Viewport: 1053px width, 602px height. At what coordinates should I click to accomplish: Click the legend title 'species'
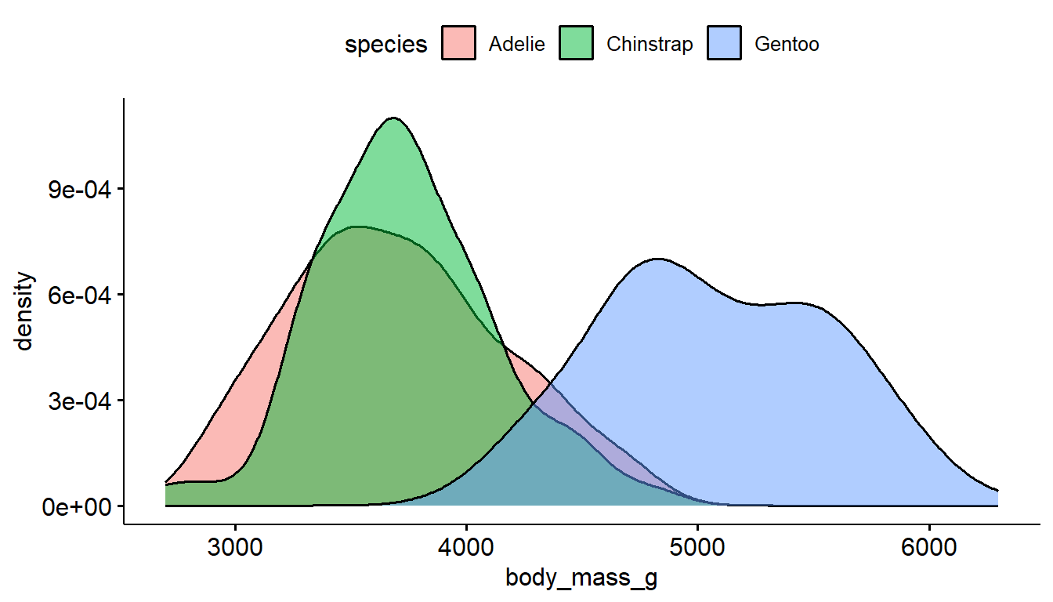(386, 45)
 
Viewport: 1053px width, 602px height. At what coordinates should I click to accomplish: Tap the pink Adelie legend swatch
(458, 44)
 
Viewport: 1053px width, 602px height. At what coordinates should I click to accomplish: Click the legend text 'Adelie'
(516, 45)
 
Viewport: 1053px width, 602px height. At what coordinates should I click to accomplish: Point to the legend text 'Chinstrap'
(650, 45)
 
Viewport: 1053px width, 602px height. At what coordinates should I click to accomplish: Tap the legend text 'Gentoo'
(787, 45)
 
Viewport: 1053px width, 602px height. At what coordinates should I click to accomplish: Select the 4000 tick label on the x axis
(466, 545)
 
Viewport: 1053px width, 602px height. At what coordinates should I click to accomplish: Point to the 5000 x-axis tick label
(697, 545)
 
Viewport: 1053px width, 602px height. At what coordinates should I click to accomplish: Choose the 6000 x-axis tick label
(929, 545)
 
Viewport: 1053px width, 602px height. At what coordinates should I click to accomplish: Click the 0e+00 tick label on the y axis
(76, 506)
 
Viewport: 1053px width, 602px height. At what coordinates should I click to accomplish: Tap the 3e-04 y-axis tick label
(76, 401)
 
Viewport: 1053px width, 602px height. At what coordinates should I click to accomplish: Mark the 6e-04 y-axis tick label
(76, 296)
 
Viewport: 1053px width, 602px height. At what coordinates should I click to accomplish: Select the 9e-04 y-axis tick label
(76, 190)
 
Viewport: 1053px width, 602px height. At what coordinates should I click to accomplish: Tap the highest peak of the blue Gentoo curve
(657, 259)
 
